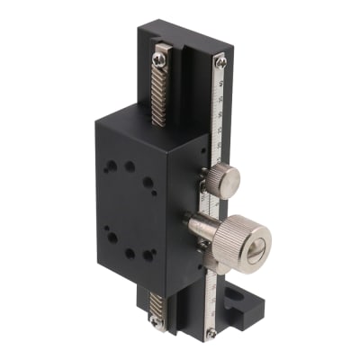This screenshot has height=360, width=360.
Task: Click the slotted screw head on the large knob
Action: [x=256, y=246]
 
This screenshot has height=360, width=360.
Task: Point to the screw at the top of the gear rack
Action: [x=160, y=60]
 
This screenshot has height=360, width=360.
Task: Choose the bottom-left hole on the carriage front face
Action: [x=113, y=238]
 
